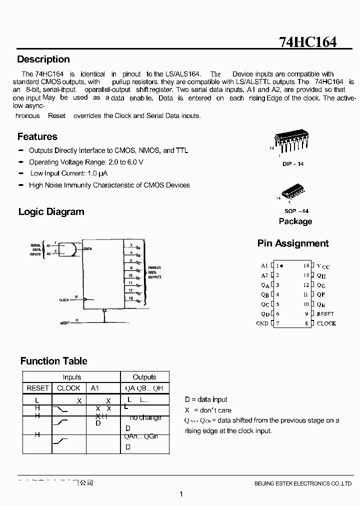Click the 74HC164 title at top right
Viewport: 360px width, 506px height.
click(x=307, y=41)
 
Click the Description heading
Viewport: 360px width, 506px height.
click(x=43, y=59)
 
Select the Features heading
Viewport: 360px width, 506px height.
click(x=37, y=136)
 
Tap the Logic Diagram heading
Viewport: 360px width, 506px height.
click(x=51, y=211)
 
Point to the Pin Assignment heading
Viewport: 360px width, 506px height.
click(x=293, y=243)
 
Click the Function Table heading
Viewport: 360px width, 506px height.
click(x=53, y=361)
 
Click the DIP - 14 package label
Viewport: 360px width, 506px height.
click(x=293, y=164)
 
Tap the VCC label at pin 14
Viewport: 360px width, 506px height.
click(x=323, y=266)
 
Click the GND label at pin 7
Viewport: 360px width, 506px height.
click(x=262, y=323)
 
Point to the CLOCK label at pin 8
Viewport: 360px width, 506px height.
click(x=326, y=323)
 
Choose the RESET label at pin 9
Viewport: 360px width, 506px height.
click(x=325, y=314)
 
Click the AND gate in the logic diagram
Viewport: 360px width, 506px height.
click(x=68, y=249)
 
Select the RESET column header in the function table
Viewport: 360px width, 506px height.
click(x=38, y=388)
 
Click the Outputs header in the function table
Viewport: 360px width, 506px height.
click(x=144, y=377)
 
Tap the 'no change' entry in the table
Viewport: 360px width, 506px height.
click(x=145, y=417)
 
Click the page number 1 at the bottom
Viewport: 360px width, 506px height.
click(x=180, y=494)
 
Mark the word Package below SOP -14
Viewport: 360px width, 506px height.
click(x=295, y=221)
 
